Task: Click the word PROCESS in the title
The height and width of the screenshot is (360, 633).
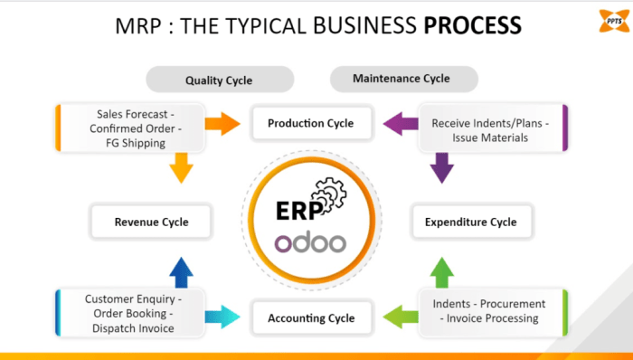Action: click(x=472, y=24)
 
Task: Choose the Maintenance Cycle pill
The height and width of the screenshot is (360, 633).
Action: click(x=402, y=79)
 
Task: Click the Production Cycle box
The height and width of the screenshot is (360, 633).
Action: click(x=310, y=123)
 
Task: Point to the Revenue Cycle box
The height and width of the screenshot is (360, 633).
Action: click(x=151, y=221)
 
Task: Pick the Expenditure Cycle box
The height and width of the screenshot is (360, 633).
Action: click(x=470, y=222)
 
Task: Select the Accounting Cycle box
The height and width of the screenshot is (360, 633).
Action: click(x=311, y=317)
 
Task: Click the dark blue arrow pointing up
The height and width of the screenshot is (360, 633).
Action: click(x=182, y=271)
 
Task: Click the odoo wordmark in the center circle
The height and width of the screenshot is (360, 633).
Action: click(x=310, y=242)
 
